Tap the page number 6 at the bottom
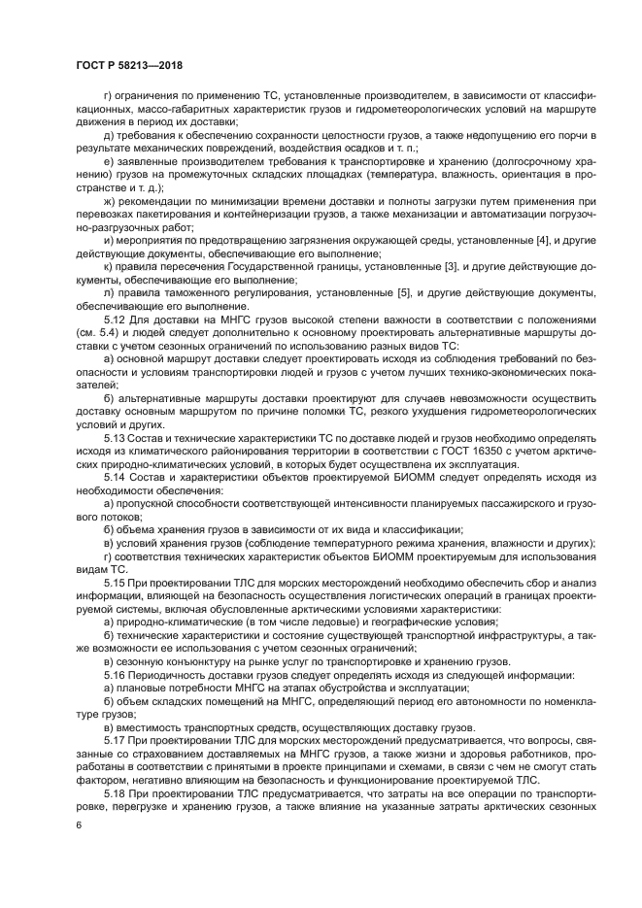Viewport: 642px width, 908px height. point(78,825)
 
